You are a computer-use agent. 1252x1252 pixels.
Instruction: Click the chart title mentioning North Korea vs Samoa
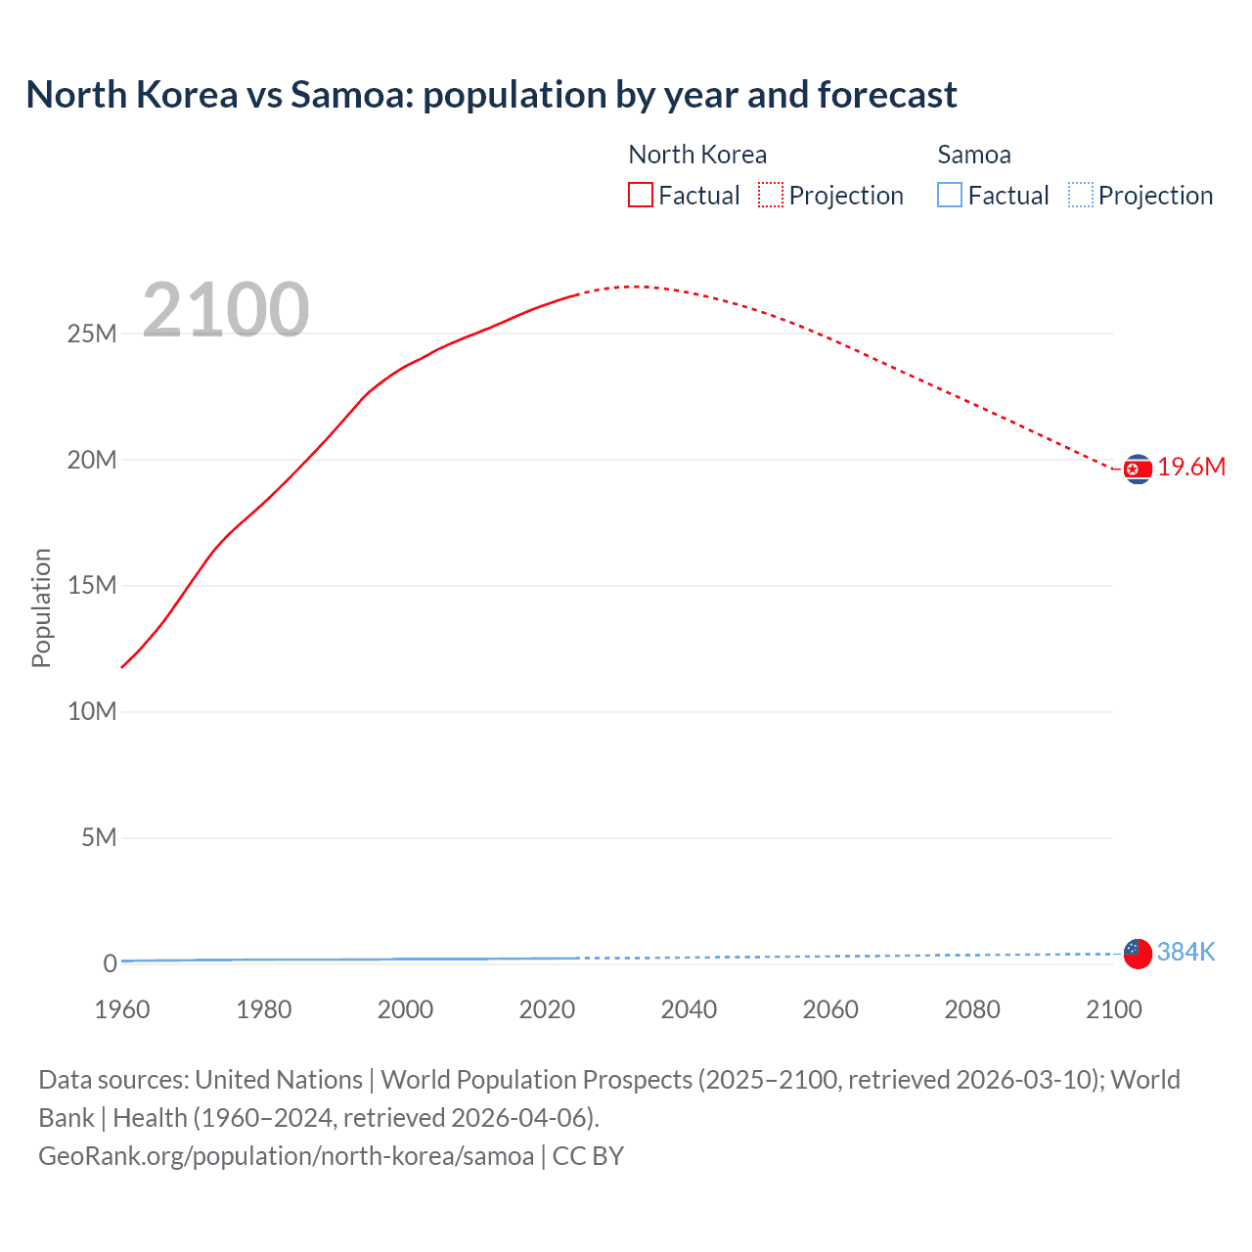coord(491,95)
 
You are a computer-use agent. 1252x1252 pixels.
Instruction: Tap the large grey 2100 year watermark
coord(226,310)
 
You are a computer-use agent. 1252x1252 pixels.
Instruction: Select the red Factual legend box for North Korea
coord(640,196)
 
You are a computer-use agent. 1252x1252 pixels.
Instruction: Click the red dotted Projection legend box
coord(771,196)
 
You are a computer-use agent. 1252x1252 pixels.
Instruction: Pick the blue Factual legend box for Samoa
coord(949,196)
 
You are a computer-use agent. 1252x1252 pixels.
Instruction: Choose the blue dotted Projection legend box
coord(1080,196)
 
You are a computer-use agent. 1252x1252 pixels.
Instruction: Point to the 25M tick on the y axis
coord(92,335)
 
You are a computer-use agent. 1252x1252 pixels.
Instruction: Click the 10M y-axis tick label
coord(92,712)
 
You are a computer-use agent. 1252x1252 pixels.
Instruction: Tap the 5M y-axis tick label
coord(99,838)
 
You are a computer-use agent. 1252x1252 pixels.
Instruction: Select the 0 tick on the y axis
coord(110,963)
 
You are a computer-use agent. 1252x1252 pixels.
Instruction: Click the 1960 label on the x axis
coord(122,1009)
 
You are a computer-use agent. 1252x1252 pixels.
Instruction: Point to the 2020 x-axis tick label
coord(547,1009)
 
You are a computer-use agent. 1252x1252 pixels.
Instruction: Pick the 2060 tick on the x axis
coord(830,1009)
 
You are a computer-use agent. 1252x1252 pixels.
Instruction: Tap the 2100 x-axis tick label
coord(1113,1009)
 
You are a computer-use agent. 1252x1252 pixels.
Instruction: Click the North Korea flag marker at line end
coord(1138,469)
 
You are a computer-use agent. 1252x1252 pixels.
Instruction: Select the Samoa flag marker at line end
coord(1138,953)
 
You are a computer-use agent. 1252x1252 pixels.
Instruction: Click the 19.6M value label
coord(1191,468)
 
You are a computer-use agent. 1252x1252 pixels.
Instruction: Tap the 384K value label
coord(1185,952)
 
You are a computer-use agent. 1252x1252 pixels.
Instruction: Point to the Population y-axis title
coord(41,607)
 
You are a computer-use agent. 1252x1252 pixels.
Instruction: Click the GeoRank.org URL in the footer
coord(286,1156)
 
